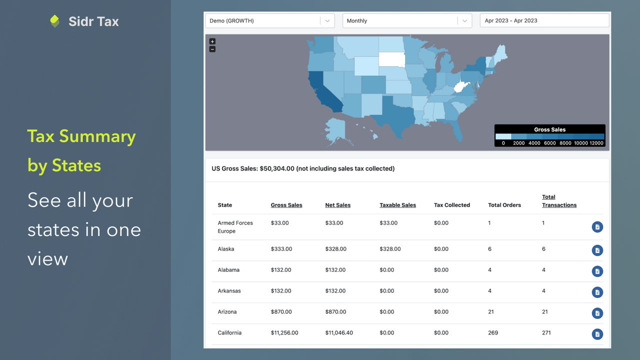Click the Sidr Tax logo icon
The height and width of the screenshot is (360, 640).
(55, 21)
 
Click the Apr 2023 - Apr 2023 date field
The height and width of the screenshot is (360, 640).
(544, 20)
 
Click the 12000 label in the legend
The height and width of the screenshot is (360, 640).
(597, 143)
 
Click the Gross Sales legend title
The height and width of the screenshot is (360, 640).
(549, 129)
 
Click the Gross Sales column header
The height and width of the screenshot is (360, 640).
(286, 205)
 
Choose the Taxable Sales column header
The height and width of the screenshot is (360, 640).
(397, 205)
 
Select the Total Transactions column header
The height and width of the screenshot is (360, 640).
(559, 201)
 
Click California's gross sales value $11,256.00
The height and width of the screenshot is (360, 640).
(284, 332)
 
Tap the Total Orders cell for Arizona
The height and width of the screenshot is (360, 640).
(491, 311)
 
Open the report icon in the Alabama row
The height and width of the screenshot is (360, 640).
(597, 271)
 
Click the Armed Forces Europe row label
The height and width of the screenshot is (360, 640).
(235, 227)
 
